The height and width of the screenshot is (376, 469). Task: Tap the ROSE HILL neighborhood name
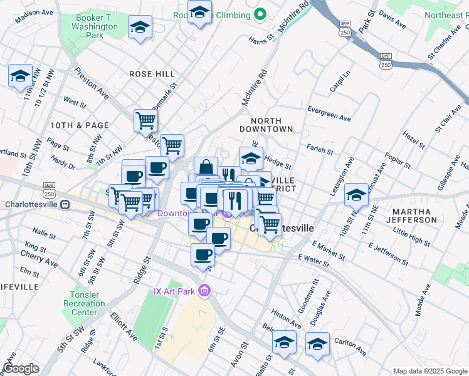[x=152, y=74]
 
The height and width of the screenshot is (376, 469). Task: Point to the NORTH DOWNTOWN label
[x=271, y=124]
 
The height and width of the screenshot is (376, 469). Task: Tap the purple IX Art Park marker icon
[x=203, y=291]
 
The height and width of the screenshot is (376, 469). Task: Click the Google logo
[x=21, y=368]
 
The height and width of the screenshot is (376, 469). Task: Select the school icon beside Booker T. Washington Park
[x=140, y=27]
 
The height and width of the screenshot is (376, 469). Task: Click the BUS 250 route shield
[x=49, y=187]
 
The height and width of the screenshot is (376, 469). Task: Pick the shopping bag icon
[x=206, y=167]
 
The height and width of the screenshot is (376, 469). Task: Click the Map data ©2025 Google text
[x=429, y=370]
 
